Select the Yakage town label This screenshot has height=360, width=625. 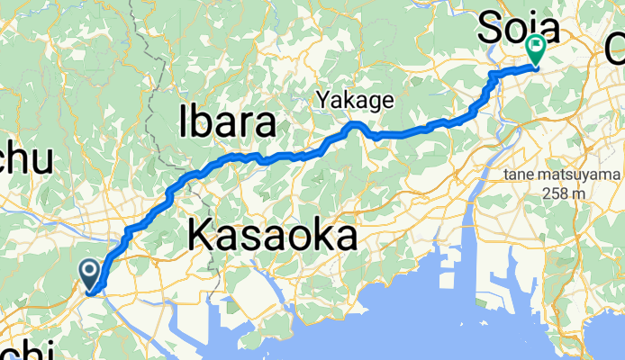354,102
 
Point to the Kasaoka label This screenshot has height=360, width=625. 273,238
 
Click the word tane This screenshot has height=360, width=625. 521,174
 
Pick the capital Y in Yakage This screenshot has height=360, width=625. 322,102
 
